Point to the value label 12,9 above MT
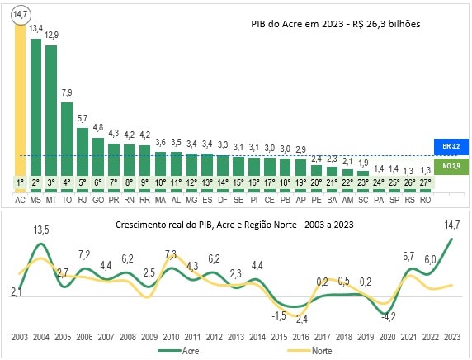pos(51,35)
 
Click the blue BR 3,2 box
pos(451,147)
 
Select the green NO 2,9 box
pos(451,167)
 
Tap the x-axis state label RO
pos(425,199)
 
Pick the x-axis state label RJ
pos(83,199)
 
